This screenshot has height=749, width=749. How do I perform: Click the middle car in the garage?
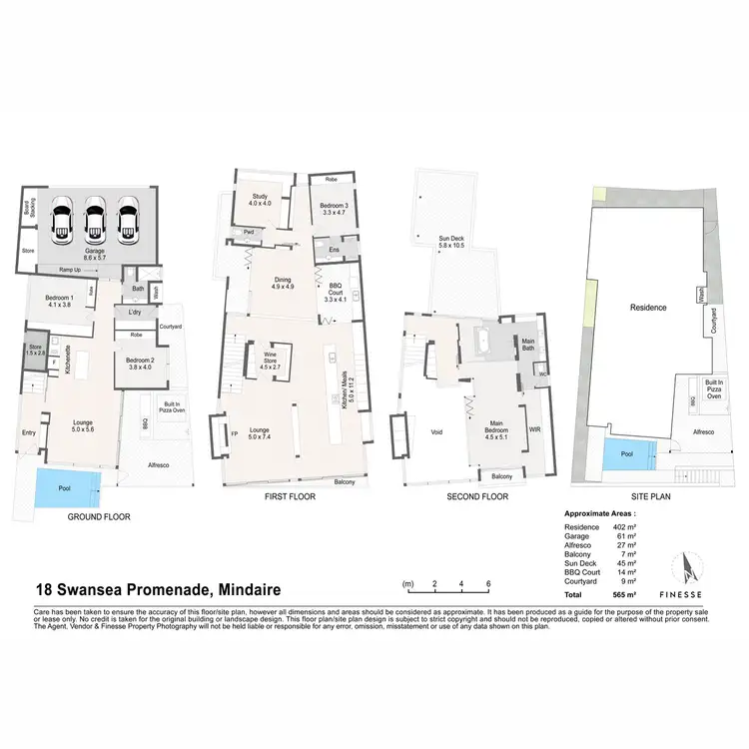point(96,219)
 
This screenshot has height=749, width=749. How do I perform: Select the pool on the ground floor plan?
point(68,488)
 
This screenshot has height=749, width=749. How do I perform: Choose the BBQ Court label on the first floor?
point(335,293)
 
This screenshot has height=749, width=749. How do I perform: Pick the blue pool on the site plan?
point(627,456)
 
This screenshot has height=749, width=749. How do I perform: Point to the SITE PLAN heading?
point(646,496)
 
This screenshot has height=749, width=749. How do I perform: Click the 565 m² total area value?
point(631,593)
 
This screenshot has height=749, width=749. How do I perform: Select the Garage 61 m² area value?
point(631,536)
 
